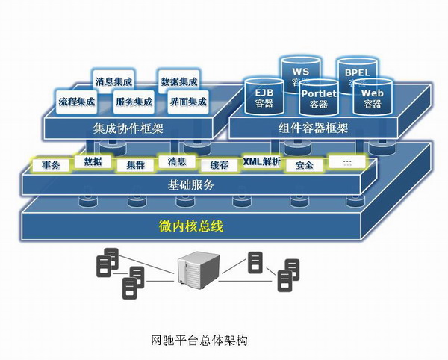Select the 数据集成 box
178,81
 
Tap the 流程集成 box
77,100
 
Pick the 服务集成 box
134,100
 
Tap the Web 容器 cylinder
373,98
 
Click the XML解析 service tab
261,162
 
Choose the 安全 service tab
304,164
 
